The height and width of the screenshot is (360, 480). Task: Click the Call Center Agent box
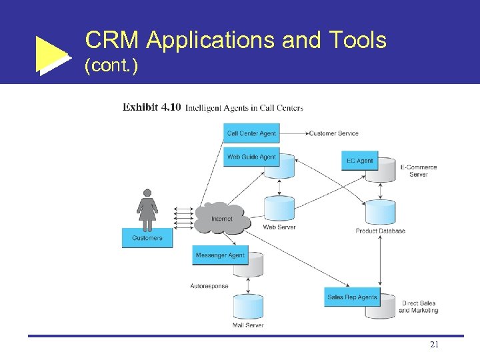(251, 133)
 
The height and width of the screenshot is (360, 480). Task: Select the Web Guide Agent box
(251, 157)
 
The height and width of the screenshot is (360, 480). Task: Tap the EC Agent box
(360, 161)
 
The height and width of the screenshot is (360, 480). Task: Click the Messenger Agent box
(220, 255)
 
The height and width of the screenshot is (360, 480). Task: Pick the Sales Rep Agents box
(352, 297)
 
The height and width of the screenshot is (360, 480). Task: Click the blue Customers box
(147, 238)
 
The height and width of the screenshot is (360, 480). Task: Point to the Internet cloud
(222, 218)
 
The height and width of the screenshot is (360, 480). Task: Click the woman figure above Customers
(147, 207)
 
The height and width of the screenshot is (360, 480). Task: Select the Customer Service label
(333, 133)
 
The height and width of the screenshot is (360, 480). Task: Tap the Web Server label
(279, 227)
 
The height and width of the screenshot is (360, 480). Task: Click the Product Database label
(380, 231)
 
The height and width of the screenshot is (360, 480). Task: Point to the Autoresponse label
(209, 287)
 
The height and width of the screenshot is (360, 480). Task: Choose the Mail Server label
(248, 325)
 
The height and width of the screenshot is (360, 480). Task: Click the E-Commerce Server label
(419, 171)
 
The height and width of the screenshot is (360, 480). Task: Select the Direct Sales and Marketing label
(419, 307)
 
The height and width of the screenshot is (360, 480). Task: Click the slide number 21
(434, 345)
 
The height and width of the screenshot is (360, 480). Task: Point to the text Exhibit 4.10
(151, 107)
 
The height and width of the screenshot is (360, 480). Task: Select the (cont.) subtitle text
(111, 67)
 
